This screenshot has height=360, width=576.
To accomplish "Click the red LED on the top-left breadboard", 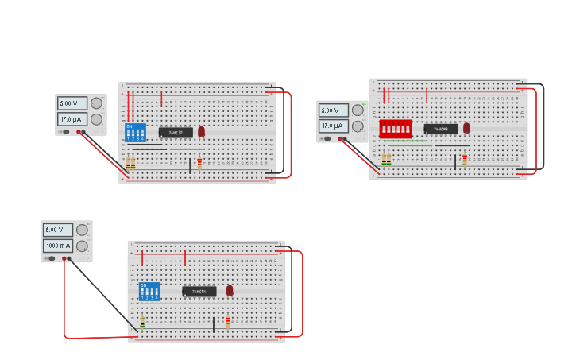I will click(201, 131).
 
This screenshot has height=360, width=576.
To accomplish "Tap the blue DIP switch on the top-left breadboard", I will click(135, 132).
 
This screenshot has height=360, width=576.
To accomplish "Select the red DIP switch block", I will click(396, 129).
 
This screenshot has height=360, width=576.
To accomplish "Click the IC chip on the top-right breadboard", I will click(440, 129).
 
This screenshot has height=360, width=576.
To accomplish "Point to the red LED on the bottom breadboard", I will click(230, 291).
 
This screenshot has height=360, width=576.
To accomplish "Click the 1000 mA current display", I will click(58, 246).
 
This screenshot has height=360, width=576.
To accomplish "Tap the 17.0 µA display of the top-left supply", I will click(72, 119).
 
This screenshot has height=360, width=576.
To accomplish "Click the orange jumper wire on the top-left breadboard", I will click(187, 149).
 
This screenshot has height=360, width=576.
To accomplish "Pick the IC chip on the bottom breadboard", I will click(199, 292).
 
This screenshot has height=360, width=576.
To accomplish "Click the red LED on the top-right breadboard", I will click(466, 127).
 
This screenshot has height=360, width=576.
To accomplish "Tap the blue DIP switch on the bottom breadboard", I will click(149, 291).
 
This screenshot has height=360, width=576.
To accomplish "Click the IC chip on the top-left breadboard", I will click(175, 133).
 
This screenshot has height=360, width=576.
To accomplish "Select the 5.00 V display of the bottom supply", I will click(58, 230).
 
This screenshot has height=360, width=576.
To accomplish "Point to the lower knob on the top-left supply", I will click(96, 119).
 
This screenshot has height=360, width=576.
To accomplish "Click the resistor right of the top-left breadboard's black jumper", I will click(199, 163).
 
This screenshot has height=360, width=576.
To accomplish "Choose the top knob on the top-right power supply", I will click(358, 110).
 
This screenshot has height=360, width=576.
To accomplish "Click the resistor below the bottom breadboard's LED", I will click(228, 322).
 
